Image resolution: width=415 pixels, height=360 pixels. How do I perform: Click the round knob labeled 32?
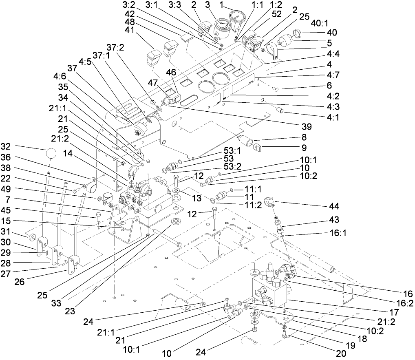(51, 154)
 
